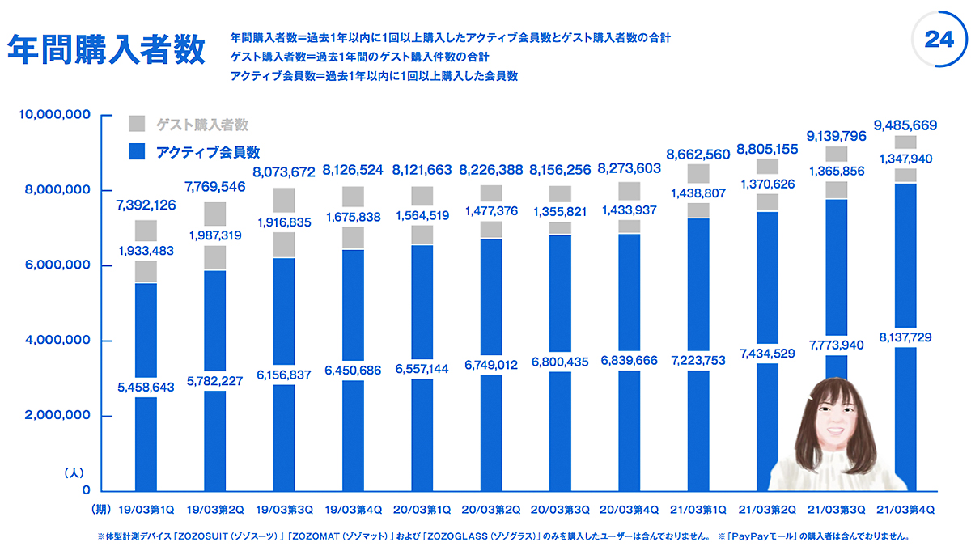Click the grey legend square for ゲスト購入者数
click(137, 124)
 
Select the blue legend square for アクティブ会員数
click(137, 150)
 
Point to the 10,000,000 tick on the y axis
click(53, 116)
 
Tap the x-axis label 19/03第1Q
click(146, 511)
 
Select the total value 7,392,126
click(146, 205)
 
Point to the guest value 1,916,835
click(284, 222)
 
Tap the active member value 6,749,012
click(490, 365)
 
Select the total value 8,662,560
click(698, 154)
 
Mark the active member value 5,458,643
click(146, 388)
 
